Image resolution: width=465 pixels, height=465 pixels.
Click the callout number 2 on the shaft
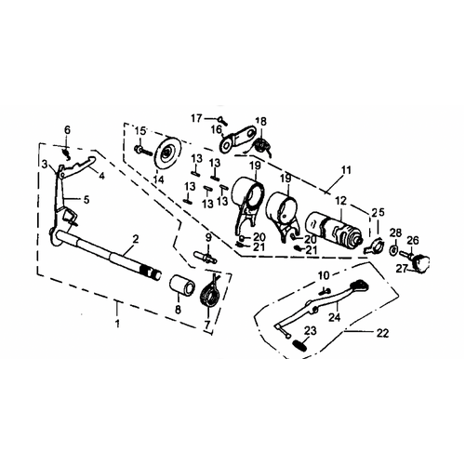[135, 239]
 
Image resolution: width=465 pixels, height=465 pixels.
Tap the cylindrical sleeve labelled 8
[182, 285]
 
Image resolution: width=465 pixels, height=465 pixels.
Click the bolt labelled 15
[143, 151]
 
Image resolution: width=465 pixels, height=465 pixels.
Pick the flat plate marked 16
[237, 138]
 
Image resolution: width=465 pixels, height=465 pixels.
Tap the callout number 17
[196, 118]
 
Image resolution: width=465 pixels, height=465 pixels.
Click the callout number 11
[346, 170]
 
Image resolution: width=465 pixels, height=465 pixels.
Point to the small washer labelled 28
[393, 249]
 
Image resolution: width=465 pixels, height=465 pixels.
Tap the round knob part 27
[420, 262]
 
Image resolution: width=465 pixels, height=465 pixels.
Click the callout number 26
[413, 241]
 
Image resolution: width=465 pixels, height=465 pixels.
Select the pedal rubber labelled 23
[299, 345]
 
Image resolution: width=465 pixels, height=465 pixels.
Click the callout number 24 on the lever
[335, 317]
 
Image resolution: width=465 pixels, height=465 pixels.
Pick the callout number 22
[382, 333]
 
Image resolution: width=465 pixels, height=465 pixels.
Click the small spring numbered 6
[67, 153]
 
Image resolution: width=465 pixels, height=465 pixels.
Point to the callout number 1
[117, 324]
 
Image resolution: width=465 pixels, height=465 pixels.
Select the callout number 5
[86, 200]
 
